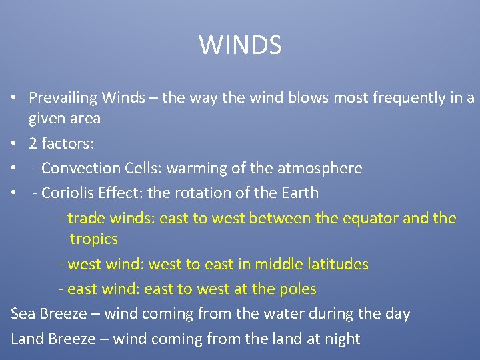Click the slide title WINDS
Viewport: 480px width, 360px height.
(240, 45)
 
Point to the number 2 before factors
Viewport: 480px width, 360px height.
(33, 143)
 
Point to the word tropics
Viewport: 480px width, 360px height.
(94, 239)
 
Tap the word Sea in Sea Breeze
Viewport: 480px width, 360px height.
(23, 313)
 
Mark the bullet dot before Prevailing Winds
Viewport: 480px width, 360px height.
(14, 99)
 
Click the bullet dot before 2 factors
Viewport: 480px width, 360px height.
(14, 144)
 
